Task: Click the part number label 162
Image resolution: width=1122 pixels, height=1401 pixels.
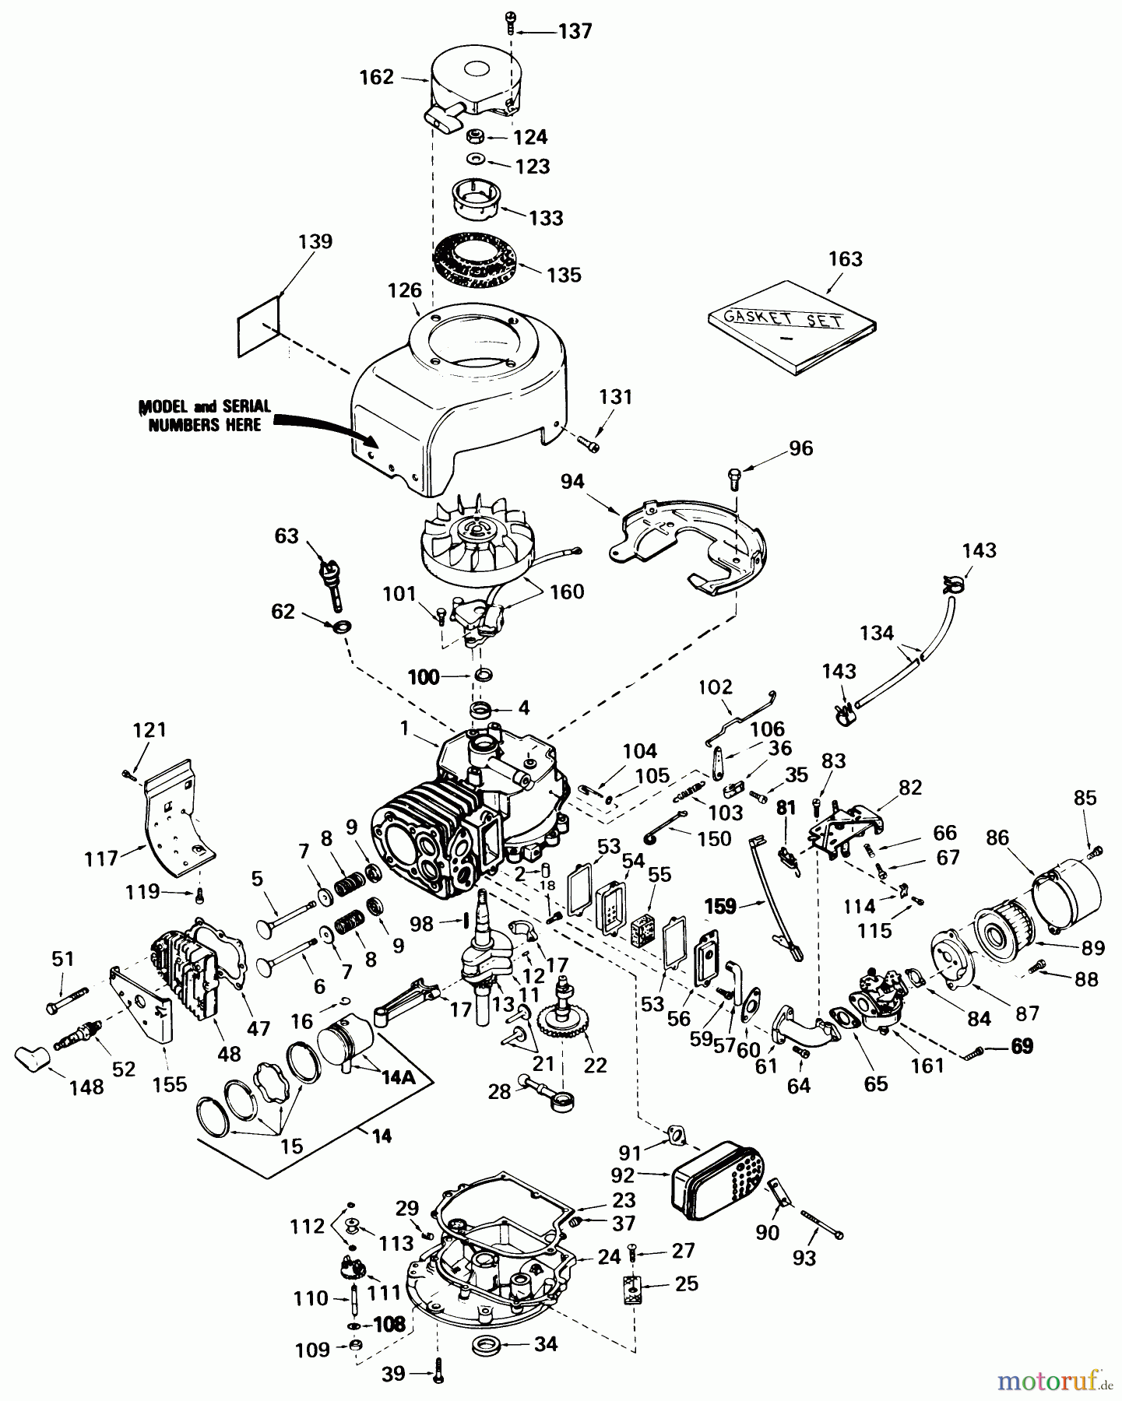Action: coord(376,78)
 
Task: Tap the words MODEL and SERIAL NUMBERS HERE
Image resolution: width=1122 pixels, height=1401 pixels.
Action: coord(205,415)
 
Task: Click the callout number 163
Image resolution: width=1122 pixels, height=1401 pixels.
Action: coord(845,258)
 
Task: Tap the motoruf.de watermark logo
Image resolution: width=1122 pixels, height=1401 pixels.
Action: coord(1056,1382)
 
